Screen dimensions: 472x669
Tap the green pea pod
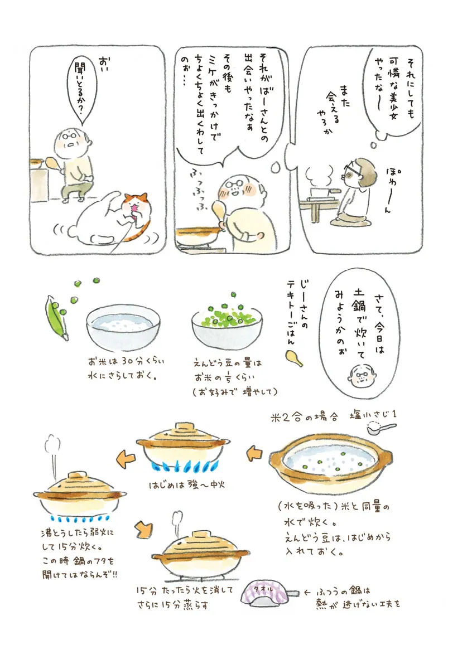pyautogui.click(x=57, y=318)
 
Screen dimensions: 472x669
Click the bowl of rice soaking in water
pyautogui.click(x=123, y=328)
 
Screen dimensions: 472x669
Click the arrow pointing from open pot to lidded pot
pyautogui.click(x=254, y=453)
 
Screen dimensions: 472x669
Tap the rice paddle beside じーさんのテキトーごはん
pyautogui.click(x=294, y=358)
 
